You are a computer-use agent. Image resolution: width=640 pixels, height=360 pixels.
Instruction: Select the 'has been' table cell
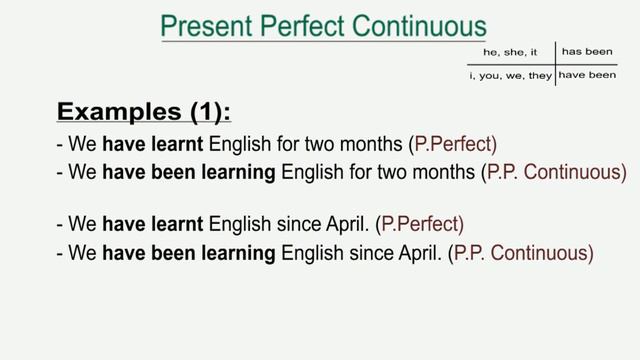tap(586, 50)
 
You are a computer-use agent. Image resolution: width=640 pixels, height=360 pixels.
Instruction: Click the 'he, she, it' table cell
tap(510, 50)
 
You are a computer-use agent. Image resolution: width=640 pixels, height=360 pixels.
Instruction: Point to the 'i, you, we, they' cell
tap(510, 75)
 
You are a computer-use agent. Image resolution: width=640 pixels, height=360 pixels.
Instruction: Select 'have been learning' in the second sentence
tap(189, 171)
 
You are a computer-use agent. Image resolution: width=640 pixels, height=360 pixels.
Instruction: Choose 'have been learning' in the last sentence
tap(189, 254)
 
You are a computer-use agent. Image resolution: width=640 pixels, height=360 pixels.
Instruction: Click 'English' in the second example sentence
tap(313, 171)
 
